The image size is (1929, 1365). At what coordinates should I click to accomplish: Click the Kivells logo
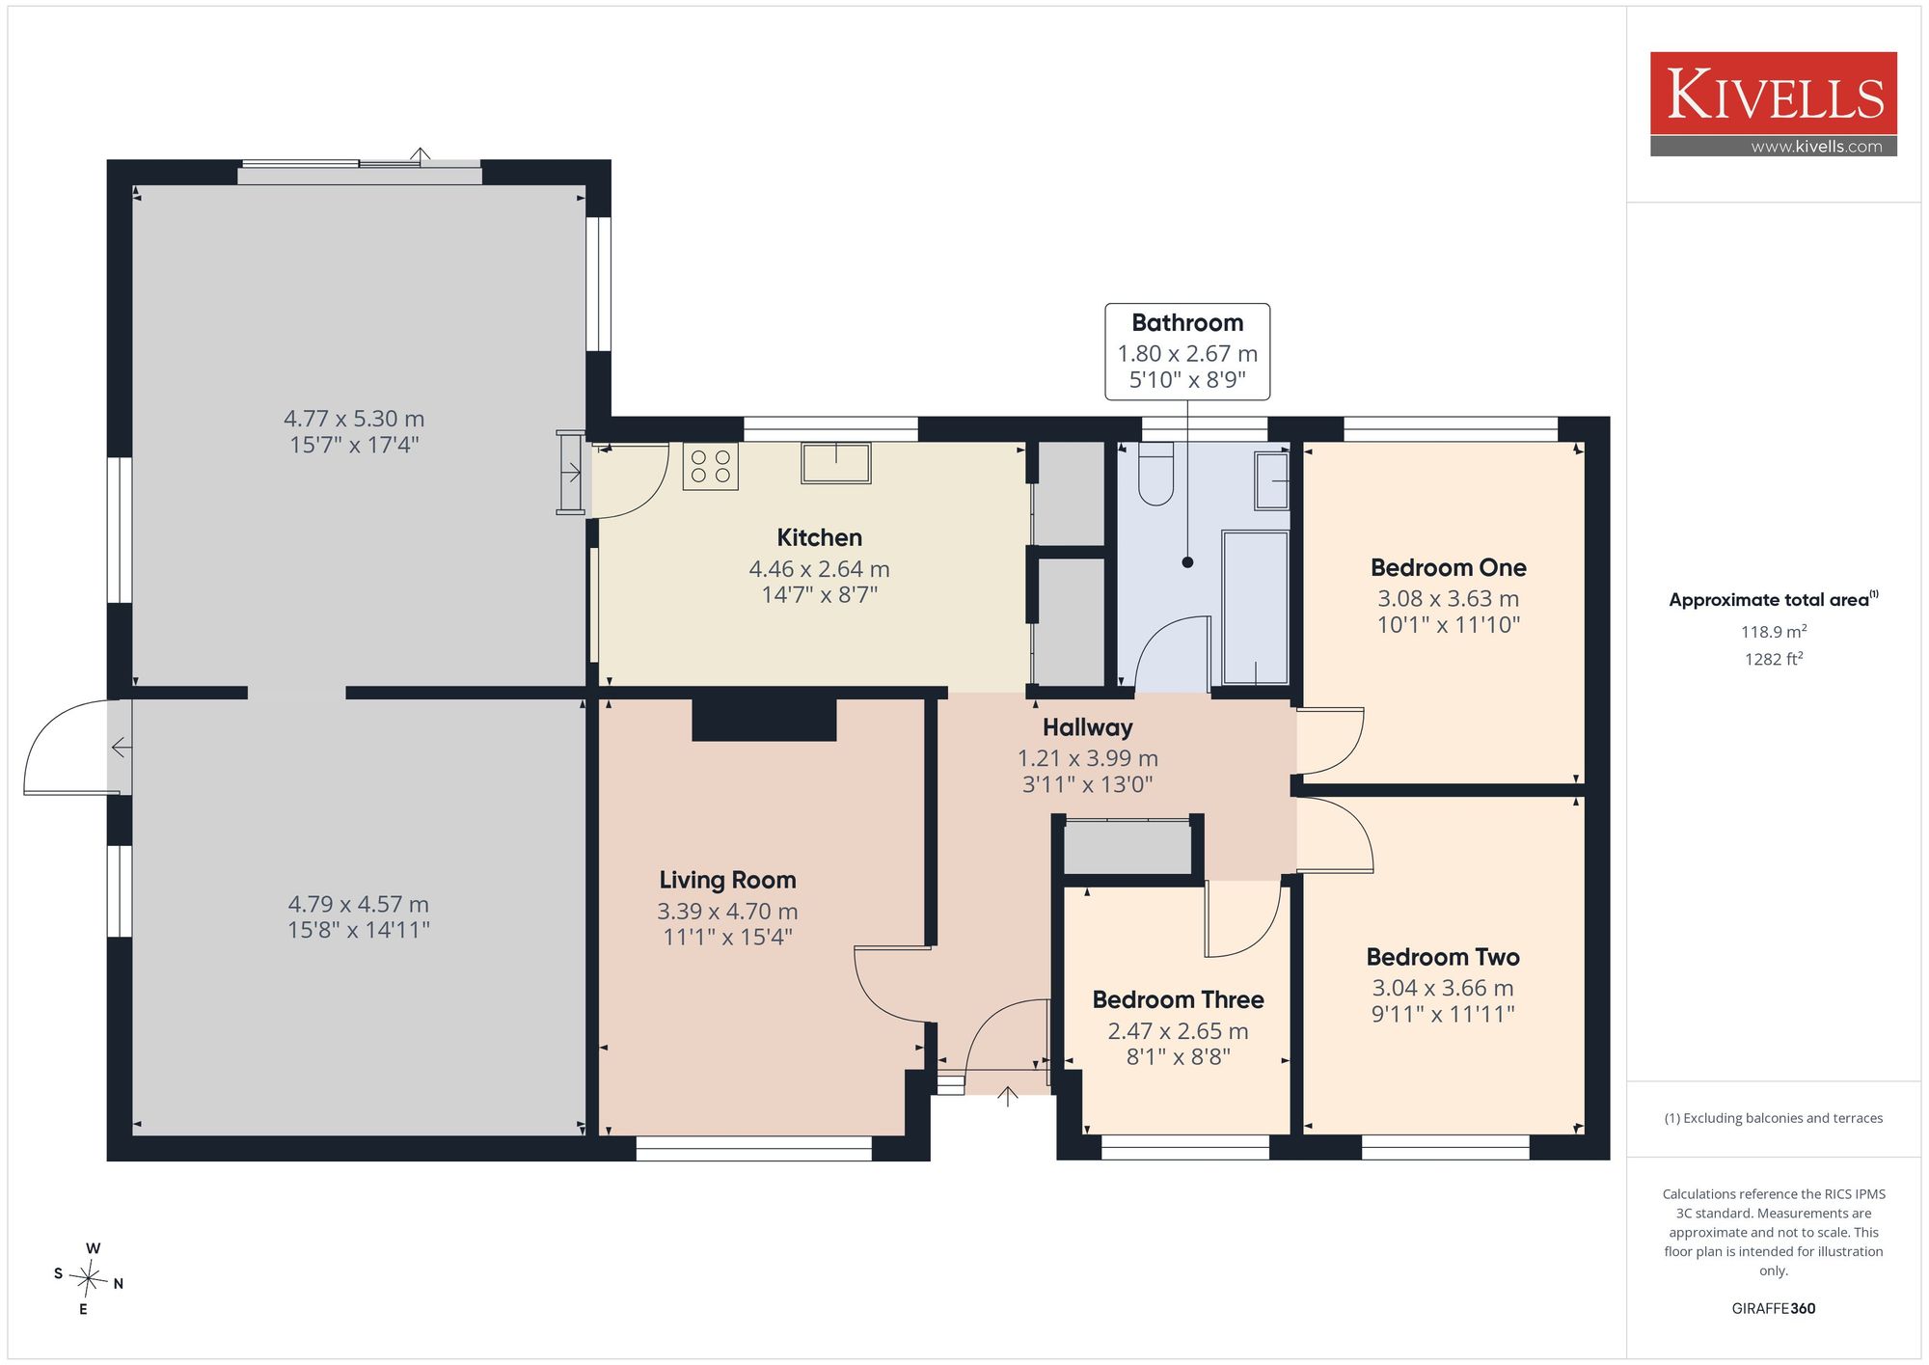1773,104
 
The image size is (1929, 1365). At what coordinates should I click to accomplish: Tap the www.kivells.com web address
1816,147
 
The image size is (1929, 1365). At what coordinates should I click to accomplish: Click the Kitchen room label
819,537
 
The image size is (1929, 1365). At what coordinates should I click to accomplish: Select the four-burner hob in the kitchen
711,467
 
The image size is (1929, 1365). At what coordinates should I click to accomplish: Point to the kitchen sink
836,463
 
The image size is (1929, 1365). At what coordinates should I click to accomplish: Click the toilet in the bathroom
1156,474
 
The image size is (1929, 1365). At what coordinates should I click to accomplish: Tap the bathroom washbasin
1272,480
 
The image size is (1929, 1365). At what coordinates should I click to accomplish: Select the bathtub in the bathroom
1256,607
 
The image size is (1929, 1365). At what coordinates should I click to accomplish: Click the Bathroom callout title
1187,323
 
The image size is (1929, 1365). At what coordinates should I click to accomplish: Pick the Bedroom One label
1448,567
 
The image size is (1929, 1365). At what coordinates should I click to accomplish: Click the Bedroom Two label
1443,957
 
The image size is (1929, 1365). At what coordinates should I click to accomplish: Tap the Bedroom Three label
1178,999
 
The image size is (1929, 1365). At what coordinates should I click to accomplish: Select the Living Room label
727,880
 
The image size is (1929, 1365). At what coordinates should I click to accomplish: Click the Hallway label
1087,727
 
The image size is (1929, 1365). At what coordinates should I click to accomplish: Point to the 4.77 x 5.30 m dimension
354,419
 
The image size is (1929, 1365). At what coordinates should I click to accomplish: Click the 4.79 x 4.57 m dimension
358,904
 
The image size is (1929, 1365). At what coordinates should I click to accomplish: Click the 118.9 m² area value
1773,632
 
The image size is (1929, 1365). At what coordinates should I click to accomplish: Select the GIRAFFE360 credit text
1773,1309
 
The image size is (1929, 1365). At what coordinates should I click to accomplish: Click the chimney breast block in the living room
764,720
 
